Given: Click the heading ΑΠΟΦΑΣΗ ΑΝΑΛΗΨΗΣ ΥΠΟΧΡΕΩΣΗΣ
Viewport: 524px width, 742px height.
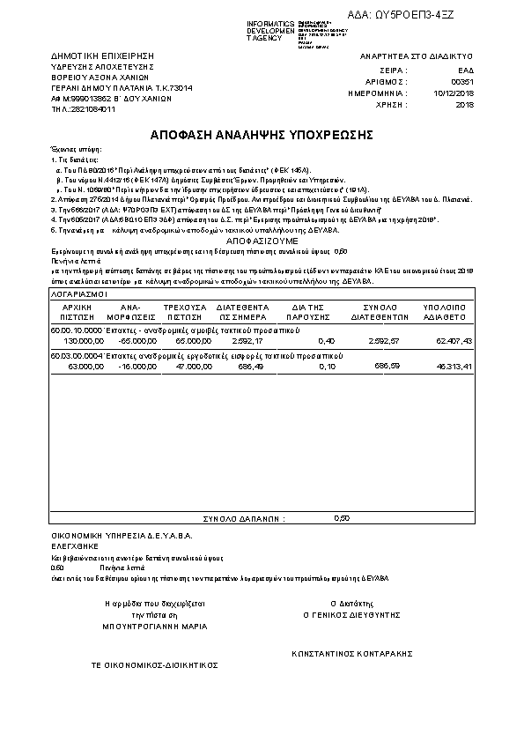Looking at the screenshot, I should tap(262, 135).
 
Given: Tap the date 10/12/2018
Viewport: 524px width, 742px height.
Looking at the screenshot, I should tap(454, 92).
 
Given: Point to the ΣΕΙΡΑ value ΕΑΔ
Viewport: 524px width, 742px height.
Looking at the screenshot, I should tap(466, 69).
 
